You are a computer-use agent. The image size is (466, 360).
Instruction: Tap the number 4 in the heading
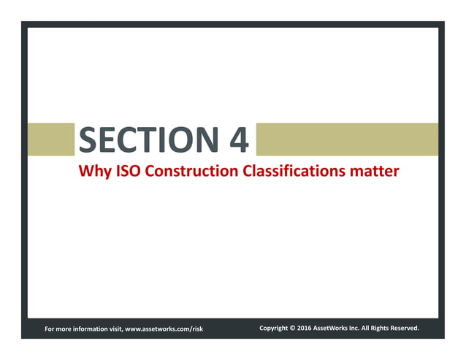tap(238, 139)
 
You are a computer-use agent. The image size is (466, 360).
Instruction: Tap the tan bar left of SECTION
tap(51, 139)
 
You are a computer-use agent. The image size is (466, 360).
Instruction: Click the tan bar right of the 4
tap(347, 139)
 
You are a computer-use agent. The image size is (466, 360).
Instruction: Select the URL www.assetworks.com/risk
tap(164, 329)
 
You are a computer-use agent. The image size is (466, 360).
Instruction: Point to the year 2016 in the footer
tap(305, 329)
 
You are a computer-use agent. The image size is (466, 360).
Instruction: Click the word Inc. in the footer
tap(359, 329)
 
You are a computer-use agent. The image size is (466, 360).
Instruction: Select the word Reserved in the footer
tap(404, 329)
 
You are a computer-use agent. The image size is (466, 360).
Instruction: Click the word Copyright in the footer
tap(274, 329)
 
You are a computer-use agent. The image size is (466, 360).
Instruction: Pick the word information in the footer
tap(91, 329)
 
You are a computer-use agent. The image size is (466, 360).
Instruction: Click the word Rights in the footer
tap(380, 329)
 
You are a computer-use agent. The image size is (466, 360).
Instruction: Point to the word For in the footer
tap(50, 329)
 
